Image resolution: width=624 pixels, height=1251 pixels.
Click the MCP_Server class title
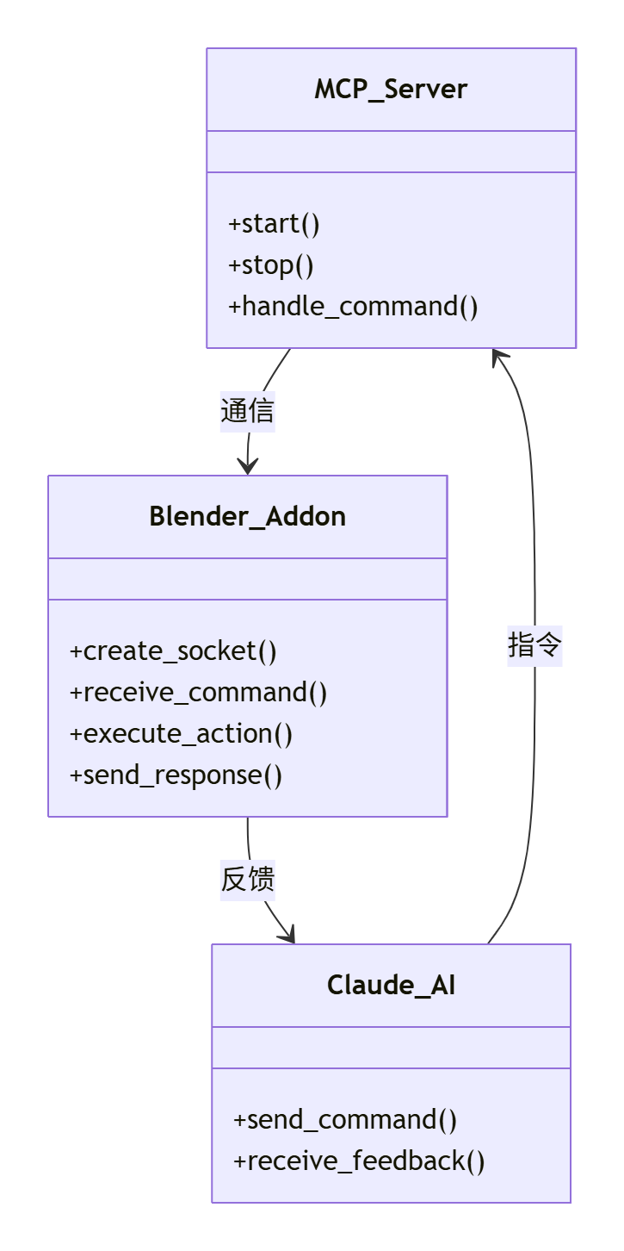coord(391,90)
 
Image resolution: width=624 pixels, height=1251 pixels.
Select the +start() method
coord(274,224)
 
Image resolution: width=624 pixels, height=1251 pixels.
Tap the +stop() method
coord(270,265)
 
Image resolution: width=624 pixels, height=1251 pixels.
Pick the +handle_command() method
coord(353,307)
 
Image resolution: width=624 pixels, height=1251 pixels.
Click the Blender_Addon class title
coord(248,517)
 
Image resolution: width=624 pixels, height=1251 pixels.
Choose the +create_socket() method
coord(173,651)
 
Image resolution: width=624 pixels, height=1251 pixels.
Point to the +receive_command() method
coord(198,693)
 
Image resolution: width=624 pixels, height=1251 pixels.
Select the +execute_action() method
coord(181,734)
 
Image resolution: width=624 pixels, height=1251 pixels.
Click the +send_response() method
coord(176,775)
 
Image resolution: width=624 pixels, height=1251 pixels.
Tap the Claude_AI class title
coord(391,986)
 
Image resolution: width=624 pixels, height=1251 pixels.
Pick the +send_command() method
coord(344,1120)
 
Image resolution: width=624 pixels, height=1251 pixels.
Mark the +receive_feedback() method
coord(359,1161)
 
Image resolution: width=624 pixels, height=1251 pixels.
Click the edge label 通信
coord(248,411)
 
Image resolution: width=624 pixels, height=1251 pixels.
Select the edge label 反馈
coord(248,880)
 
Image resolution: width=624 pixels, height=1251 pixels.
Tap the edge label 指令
coord(534,644)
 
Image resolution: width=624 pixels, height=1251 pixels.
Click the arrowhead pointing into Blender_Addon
coord(248,467)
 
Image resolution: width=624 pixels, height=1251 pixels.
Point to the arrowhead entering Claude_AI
coord(287,935)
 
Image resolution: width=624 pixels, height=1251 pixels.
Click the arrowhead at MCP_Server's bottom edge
coord(499,356)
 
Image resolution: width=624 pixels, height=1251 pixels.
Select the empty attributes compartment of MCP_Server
coord(391,152)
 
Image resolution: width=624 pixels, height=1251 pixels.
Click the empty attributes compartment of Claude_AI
coord(391,1048)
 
